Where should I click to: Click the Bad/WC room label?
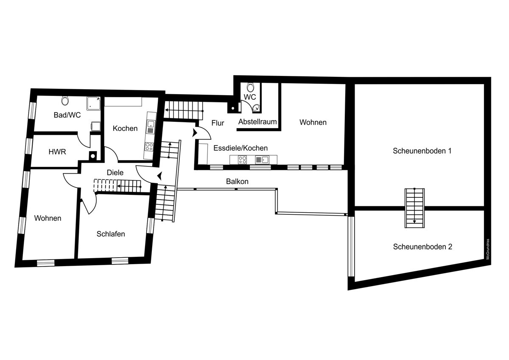67,115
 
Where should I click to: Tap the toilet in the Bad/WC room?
65,100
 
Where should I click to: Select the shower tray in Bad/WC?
93,104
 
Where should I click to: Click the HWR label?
57,152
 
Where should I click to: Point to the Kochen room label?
125,129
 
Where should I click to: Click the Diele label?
115,172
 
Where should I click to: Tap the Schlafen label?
111,234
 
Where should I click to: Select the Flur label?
218,123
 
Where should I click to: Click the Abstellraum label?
257,122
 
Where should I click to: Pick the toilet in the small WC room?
250,87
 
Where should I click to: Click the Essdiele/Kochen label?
241,148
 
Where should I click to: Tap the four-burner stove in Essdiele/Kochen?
242,160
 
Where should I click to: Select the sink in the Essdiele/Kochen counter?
262,160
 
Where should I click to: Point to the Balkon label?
237,181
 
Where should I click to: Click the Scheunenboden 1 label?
422,151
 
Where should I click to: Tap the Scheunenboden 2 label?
422,247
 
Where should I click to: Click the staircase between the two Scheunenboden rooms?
414,208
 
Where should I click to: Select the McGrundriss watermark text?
488,249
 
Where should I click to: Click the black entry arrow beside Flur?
195,133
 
